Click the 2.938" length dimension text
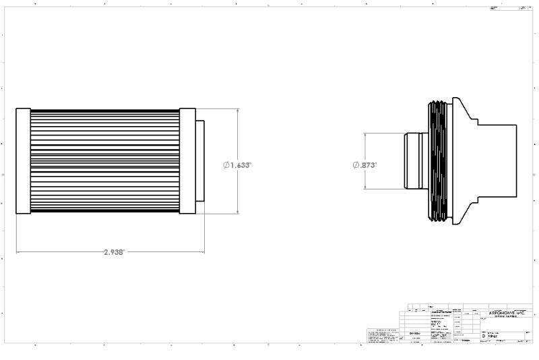pos(114,252)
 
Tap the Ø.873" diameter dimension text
pos(364,165)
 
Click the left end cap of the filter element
pos(23,160)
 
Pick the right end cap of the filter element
pos(187,160)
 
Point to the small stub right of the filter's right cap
pos(200,160)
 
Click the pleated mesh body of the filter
pos(104,160)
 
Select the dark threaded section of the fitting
pos(438,162)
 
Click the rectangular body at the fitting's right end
pos(499,162)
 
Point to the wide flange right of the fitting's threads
pos(462,162)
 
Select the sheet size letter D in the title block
pos(483,335)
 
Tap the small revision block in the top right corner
pos(509,9)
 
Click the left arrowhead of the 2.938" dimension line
pos(18,253)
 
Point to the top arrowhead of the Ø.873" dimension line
pos(364,135)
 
